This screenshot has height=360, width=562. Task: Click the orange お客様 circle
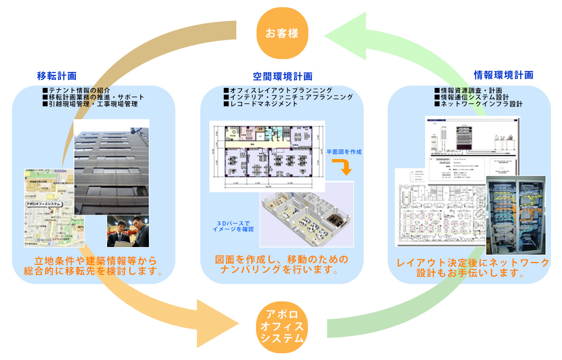[x=281, y=34]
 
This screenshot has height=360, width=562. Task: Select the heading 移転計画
[x=57, y=75]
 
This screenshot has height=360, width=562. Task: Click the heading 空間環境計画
[x=282, y=76]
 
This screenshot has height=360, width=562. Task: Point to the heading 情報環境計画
[x=503, y=75]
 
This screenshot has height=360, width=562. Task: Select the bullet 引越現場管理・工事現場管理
[x=90, y=104]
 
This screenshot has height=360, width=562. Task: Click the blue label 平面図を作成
[x=344, y=152]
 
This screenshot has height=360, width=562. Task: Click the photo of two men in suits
[x=128, y=231]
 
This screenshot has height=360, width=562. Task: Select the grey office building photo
[x=111, y=166]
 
